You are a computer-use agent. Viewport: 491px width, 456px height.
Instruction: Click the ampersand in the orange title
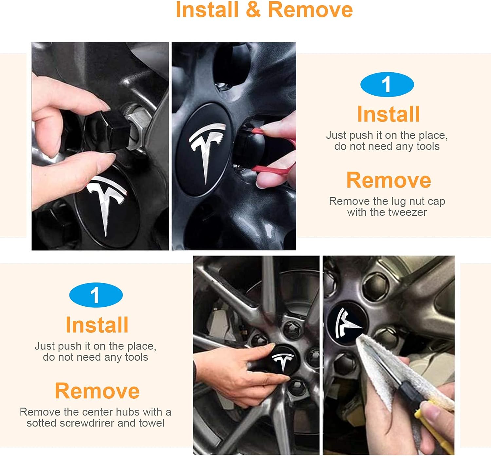click(x=253, y=10)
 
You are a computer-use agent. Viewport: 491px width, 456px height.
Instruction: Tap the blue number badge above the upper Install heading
click(x=387, y=84)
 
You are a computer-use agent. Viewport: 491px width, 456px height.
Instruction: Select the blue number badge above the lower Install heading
click(x=96, y=295)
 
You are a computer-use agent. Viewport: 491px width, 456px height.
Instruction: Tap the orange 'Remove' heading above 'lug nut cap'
click(x=389, y=180)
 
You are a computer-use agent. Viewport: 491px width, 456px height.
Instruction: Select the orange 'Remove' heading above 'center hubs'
click(x=97, y=391)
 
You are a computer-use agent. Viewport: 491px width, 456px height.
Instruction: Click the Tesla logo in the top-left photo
click(x=106, y=202)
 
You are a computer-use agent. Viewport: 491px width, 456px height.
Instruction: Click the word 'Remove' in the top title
click(x=310, y=10)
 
